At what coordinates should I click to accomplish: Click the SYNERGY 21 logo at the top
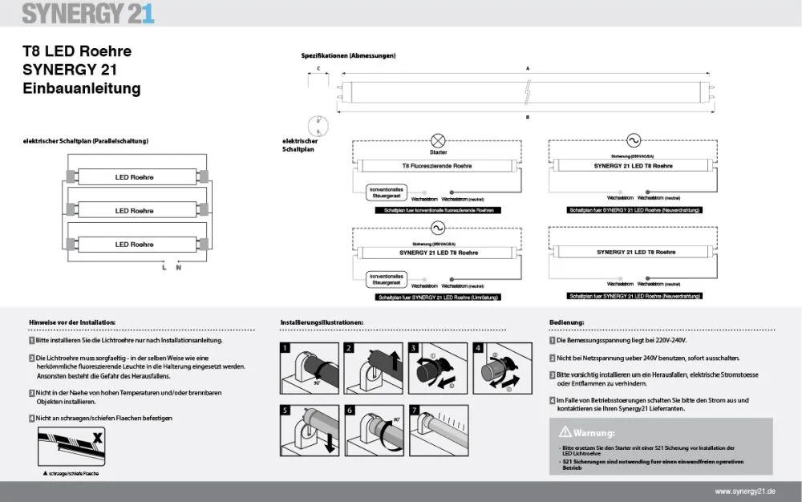coord(88,13)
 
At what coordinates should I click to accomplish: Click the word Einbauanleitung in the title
coord(82,88)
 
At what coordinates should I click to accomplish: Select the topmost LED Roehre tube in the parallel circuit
coord(134,177)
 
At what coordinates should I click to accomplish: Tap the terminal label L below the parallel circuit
coord(164,267)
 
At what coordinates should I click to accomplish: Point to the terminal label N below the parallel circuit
coord(178,267)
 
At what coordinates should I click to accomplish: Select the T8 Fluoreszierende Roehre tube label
coord(437,166)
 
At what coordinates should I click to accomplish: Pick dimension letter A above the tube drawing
coord(527,69)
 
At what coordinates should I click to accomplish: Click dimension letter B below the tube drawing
coord(527,117)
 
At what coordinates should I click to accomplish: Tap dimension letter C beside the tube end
coord(319,69)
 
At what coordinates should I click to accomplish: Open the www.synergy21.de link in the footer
coord(745,491)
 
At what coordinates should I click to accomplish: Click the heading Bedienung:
coord(566,322)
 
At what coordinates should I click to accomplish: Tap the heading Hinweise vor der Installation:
coord(72,322)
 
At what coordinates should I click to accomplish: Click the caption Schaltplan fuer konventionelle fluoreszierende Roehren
coord(437,209)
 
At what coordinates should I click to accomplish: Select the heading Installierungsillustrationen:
coord(322,322)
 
